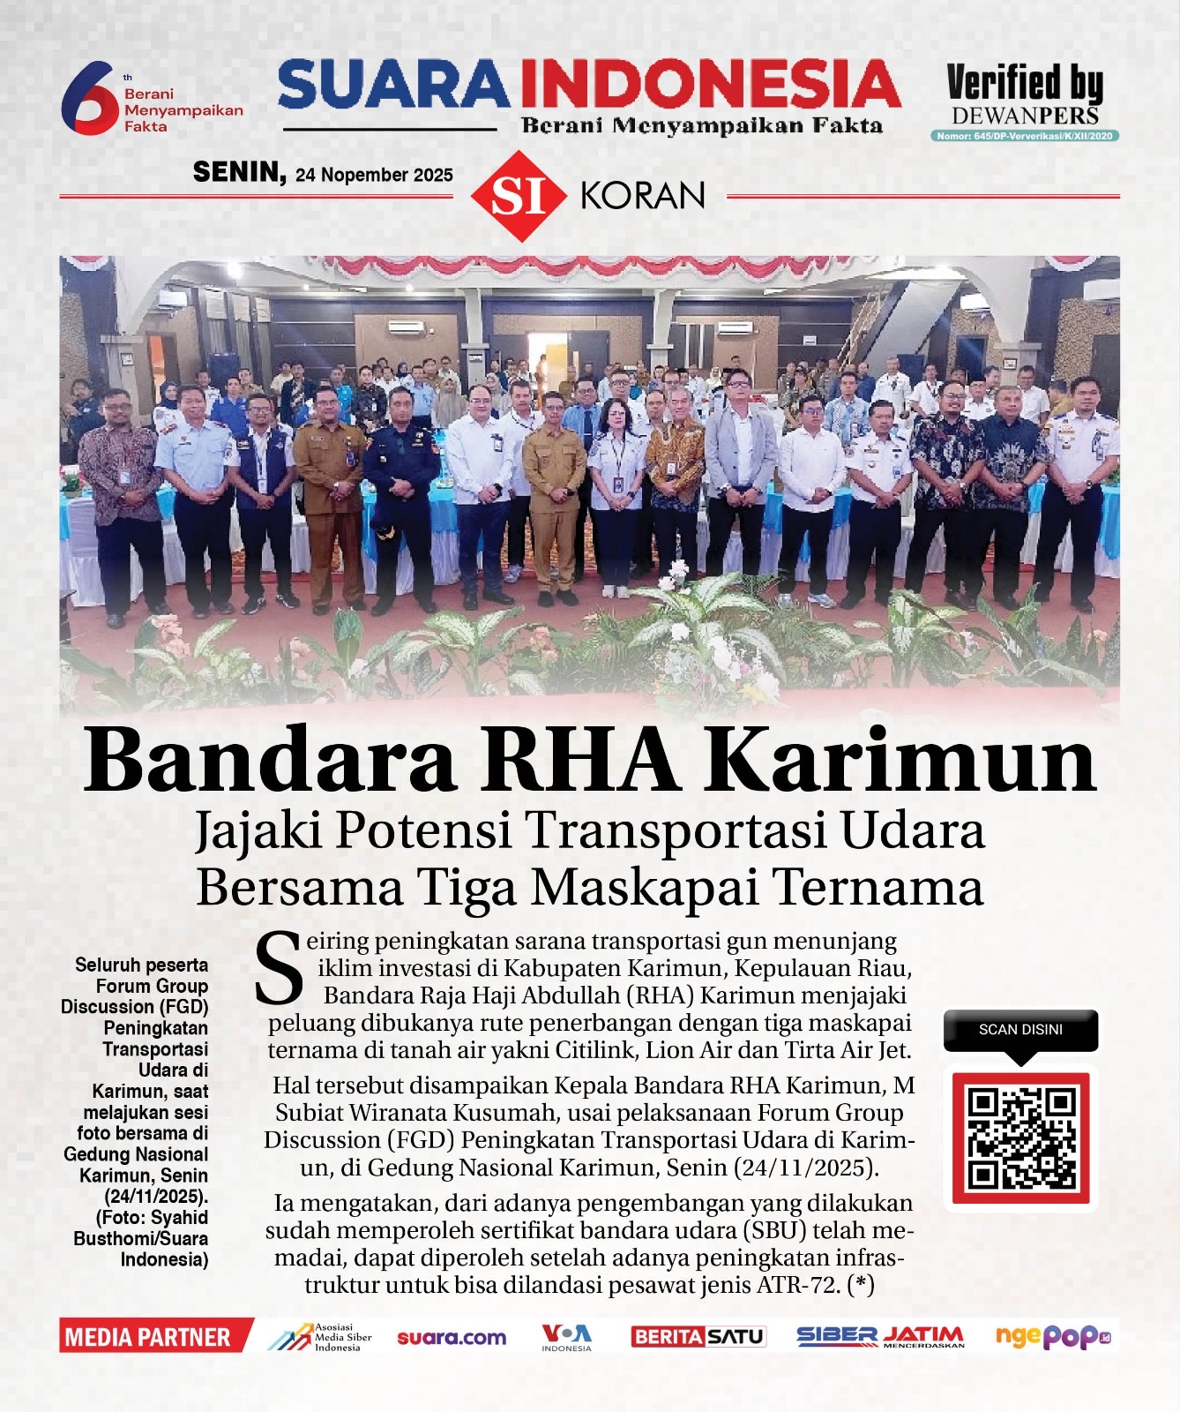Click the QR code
(x=1021, y=1138)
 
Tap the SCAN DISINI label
(x=1020, y=1030)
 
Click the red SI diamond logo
(x=518, y=196)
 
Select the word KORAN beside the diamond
(x=643, y=196)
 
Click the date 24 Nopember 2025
(x=374, y=175)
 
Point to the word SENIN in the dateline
(x=239, y=172)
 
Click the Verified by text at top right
(x=1025, y=84)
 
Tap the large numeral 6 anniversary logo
(x=87, y=97)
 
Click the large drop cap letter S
(x=279, y=969)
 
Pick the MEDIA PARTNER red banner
(x=148, y=1337)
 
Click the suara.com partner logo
(x=452, y=1338)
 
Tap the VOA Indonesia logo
(x=566, y=1337)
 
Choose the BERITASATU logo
(x=698, y=1337)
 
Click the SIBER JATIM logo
(x=879, y=1337)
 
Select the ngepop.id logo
(x=1052, y=1337)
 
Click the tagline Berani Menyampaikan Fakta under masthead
(x=702, y=125)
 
